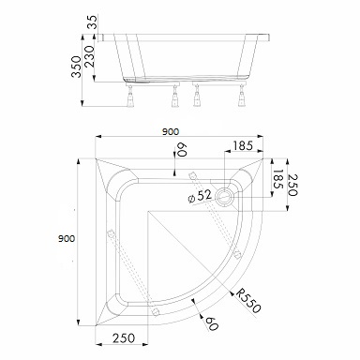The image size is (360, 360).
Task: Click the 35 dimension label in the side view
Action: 93,22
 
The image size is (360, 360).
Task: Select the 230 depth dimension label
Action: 89,56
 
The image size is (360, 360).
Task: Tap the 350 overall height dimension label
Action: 76,67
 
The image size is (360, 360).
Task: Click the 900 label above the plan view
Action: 171,132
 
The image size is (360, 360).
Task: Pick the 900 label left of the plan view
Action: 67,238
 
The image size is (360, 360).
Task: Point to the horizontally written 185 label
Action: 243,145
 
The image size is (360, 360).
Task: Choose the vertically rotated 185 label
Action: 277,179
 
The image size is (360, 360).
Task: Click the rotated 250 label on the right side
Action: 292,185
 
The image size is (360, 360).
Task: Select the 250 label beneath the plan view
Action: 124,338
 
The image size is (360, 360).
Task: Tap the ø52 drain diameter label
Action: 201,196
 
